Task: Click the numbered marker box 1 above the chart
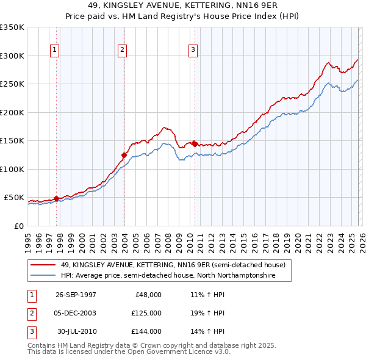point(55,50)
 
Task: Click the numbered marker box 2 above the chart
point(122,50)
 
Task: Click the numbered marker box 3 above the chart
point(193,50)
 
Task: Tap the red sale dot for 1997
point(57,198)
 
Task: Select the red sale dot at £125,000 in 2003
point(124,155)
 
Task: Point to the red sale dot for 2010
point(195,144)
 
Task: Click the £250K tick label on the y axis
point(12,84)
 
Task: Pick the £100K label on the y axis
point(12,169)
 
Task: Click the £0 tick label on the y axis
point(18,226)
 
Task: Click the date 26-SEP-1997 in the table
point(76,295)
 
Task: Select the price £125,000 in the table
point(146,313)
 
